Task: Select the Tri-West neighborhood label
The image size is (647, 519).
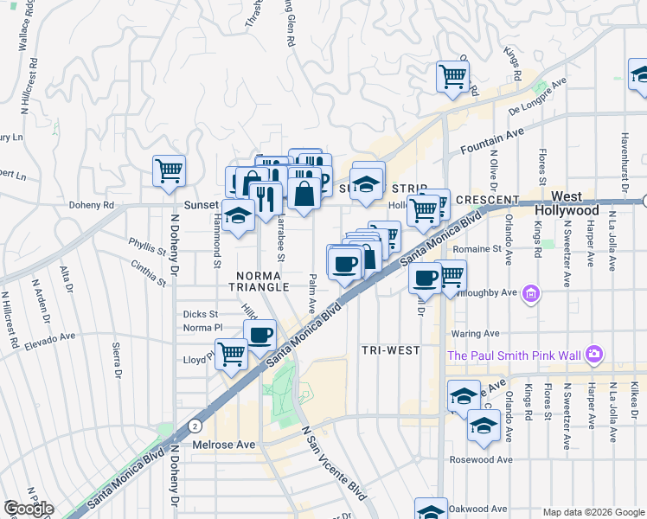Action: pyautogui.click(x=390, y=350)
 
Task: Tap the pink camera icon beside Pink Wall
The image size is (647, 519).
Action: pyautogui.click(x=593, y=354)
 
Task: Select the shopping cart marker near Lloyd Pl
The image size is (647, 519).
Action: pyautogui.click(x=231, y=353)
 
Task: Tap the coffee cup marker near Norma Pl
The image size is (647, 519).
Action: pyautogui.click(x=259, y=334)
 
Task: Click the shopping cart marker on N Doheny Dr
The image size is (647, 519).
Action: pyautogui.click(x=169, y=169)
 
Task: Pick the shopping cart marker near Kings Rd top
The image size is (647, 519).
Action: pyautogui.click(x=452, y=76)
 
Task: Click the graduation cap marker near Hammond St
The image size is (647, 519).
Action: pyautogui.click(x=238, y=215)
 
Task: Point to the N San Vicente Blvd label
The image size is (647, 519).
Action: pyautogui.click(x=333, y=463)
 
